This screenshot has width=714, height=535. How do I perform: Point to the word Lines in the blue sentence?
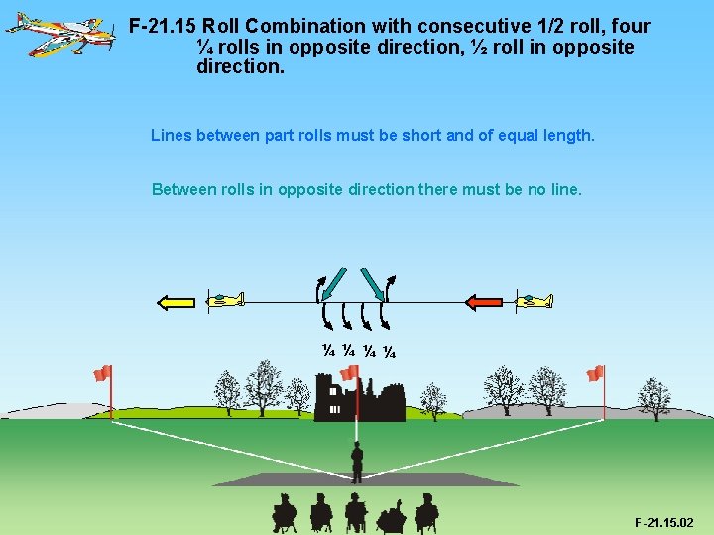(x=172, y=134)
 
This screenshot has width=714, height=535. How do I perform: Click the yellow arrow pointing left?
(x=178, y=301)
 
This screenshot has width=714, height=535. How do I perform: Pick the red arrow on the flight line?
(x=486, y=301)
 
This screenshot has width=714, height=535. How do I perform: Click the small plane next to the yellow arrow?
(x=225, y=299)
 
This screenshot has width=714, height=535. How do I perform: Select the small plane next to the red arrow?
(x=535, y=300)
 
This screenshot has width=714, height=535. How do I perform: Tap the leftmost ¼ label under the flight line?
(x=328, y=350)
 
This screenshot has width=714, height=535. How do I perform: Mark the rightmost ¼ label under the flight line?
(x=390, y=350)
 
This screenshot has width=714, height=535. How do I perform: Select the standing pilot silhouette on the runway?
(x=357, y=462)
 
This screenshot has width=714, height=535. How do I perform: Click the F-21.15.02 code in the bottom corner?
(x=663, y=522)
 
